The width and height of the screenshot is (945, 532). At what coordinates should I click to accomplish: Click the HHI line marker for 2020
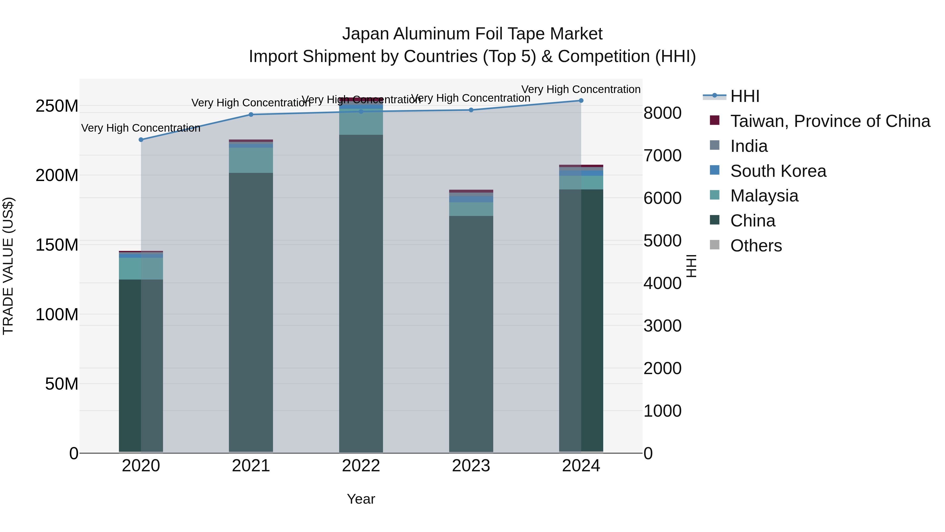coord(141,140)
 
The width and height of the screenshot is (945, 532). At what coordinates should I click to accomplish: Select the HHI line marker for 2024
coord(581,100)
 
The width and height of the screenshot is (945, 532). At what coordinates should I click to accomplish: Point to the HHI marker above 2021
coord(251,115)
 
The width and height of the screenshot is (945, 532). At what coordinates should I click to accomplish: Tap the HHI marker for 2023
coord(471,110)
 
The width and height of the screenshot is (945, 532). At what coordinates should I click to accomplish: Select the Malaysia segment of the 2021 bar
coord(251,160)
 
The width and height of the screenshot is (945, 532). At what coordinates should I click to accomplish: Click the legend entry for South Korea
coord(778,171)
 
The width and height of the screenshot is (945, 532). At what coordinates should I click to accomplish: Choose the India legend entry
coord(748,146)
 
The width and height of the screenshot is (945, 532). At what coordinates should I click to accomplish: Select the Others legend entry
coord(756,246)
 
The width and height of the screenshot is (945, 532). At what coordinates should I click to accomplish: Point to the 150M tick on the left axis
coord(57,245)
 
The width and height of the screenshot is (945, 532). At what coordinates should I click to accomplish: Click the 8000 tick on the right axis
coord(662,113)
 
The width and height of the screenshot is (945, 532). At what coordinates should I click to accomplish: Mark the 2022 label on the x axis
coord(361,466)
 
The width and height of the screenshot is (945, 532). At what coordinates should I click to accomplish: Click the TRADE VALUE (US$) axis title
coord(8,266)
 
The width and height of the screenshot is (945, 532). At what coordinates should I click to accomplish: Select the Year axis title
coord(361,499)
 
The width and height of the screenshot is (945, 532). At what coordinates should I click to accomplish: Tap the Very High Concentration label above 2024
coord(581,89)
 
